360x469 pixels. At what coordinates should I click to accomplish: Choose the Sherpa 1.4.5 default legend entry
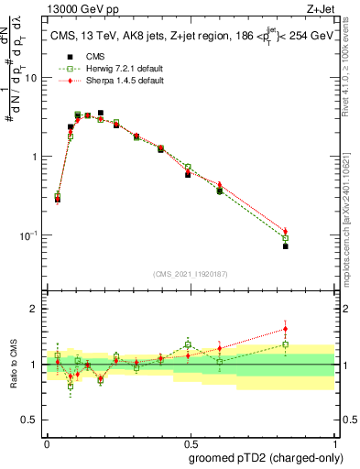coord(115,82)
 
